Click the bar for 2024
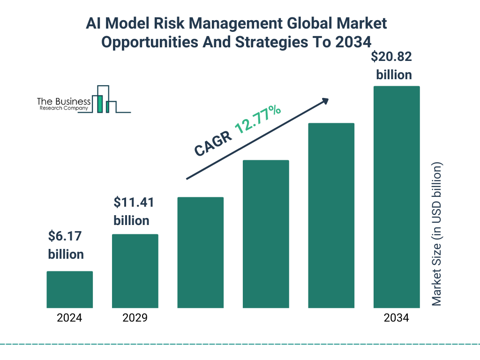pyautogui.click(x=69, y=289)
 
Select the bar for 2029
pyautogui.click(x=135, y=270)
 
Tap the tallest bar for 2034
pyautogui.click(x=396, y=197)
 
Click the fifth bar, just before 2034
pyautogui.click(x=331, y=215)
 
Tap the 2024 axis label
pyautogui.click(x=69, y=318)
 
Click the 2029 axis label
pyautogui.click(x=135, y=318)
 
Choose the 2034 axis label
pyautogui.click(x=396, y=318)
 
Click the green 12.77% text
pyautogui.click(x=257, y=120)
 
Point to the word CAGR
pyautogui.click(x=213, y=143)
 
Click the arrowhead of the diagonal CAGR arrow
pyautogui.click(x=325, y=101)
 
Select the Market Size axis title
pyautogui.click(x=437, y=234)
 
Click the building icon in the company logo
pyautogui.click(x=104, y=99)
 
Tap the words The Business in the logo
pyautogui.click(x=64, y=101)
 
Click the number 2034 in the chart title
pyautogui.click(x=353, y=42)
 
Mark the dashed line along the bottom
pyautogui.click(x=240, y=344)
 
